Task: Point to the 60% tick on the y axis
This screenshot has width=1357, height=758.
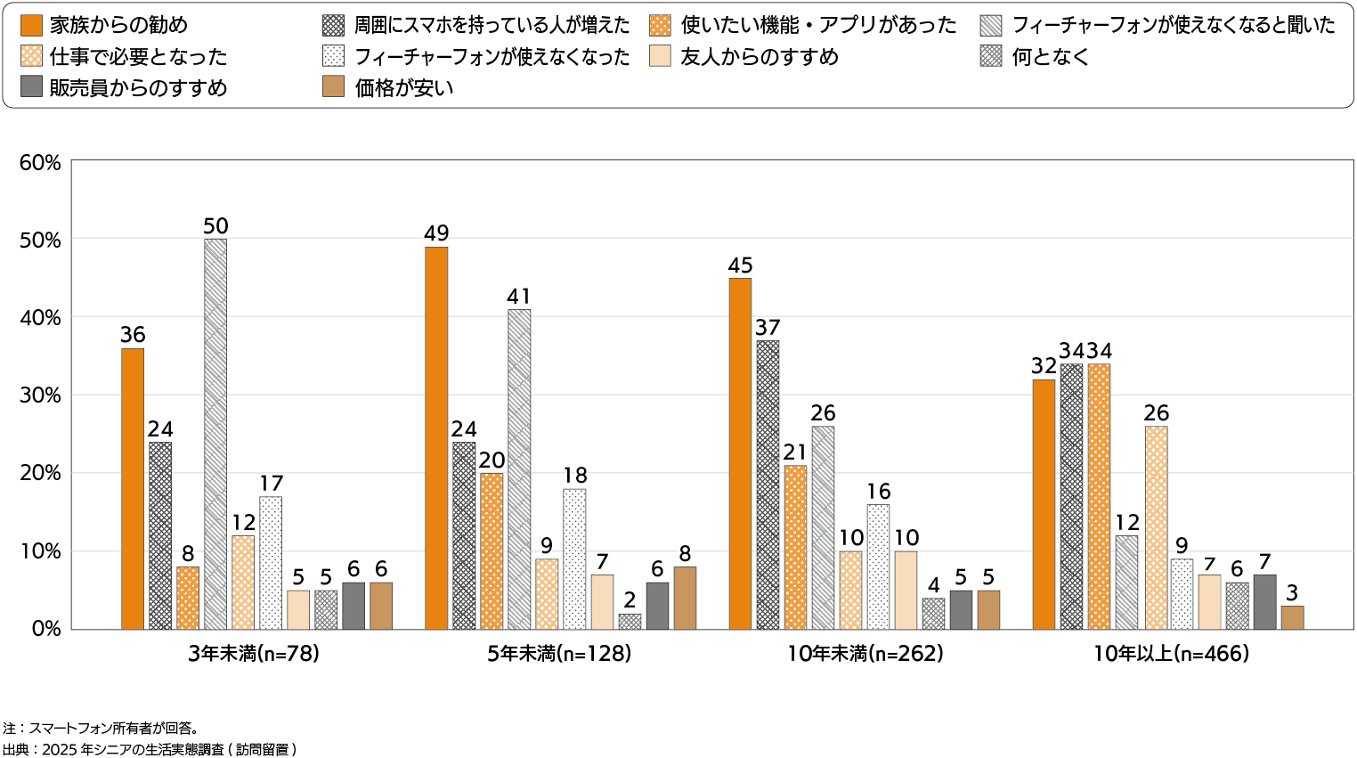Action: tap(40, 162)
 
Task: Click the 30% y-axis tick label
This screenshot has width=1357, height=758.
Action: tap(40, 395)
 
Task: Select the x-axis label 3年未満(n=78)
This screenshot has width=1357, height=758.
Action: tap(254, 654)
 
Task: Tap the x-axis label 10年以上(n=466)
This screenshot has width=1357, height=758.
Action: tap(1171, 654)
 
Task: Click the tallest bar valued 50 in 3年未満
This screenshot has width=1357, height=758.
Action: tap(215, 434)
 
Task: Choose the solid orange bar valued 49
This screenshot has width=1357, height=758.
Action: tap(436, 437)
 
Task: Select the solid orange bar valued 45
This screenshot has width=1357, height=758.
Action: tap(740, 453)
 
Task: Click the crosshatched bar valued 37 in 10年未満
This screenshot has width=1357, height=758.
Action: tap(768, 485)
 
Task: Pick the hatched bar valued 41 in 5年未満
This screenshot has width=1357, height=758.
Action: tap(519, 469)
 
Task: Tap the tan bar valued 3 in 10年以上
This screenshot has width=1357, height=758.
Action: tap(1292, 617)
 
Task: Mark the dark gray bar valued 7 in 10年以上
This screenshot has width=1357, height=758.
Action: tap(1264, 602)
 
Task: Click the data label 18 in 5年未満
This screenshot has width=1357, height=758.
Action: tap(574, 475)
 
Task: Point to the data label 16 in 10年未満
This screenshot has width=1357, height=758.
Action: tap(878, 491)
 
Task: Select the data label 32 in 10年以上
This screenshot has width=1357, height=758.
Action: tap(1044, 366)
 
